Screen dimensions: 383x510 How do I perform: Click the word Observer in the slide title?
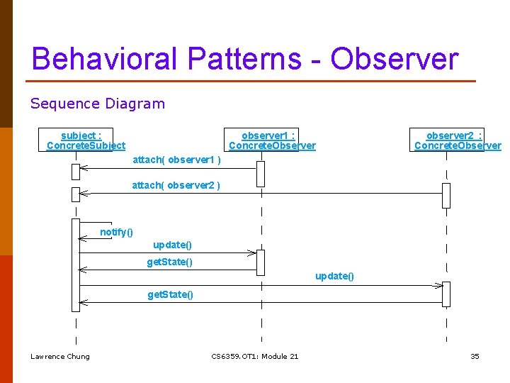click(395, 59)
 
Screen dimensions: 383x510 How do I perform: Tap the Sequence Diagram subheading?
click(97, 104)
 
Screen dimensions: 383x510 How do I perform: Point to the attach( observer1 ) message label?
click(176, 160)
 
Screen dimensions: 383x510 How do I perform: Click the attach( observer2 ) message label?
click(176, 186)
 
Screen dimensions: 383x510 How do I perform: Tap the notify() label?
click(116, 232)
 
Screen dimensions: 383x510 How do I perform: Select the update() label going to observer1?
click(172, 245)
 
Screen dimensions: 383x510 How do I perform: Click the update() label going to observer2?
click(334, 276)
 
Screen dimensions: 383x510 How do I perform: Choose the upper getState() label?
click(169, 262)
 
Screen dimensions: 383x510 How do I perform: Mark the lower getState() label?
click(170, 294)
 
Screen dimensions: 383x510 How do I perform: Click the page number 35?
click(475, 356)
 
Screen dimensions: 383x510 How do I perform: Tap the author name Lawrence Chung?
click(60, 356)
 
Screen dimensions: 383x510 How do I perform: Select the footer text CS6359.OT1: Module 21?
click(255, 356)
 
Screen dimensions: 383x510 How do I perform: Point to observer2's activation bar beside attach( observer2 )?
click(446, 195)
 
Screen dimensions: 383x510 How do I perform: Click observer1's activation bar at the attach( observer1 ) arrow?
click(261, 174)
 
